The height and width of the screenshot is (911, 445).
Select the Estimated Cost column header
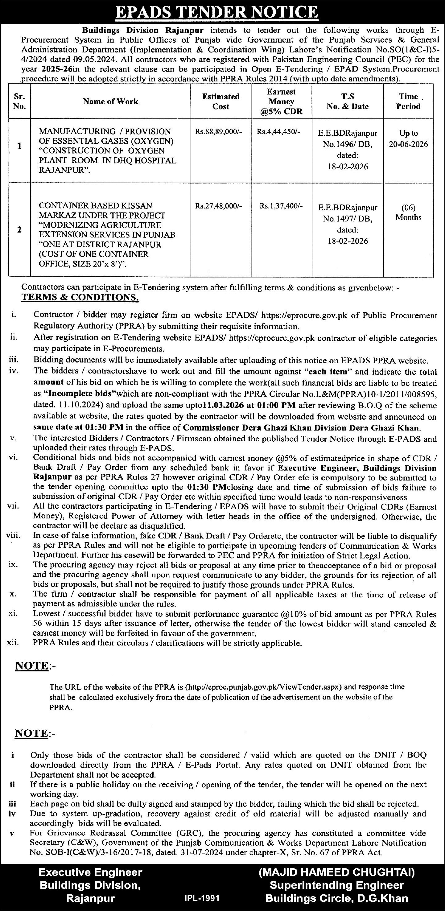click(x=221, y=101)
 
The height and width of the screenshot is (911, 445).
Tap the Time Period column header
click(x=408, y=101)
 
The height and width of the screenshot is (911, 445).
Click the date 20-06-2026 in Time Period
click(x=409, y=144)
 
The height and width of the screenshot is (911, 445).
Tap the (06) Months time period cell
click(x=408, y=212)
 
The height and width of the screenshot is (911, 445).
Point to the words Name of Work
click(x=111, y=102)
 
